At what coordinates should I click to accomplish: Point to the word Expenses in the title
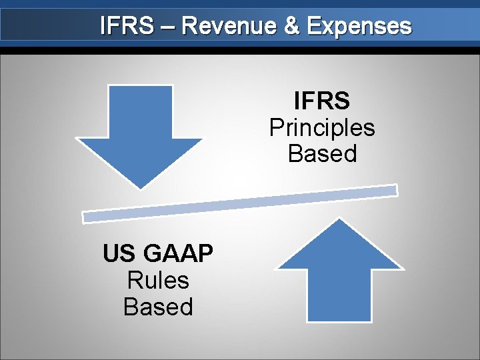tap(359, 27)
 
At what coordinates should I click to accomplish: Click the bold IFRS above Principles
tap(322, 101)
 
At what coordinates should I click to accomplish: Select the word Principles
tap(322, 127)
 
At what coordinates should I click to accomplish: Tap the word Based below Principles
tap(322, 153)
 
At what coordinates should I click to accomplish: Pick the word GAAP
tap(178, 254)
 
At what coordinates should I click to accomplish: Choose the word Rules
tap(158, 280)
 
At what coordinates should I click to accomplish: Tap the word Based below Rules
tap(158, 307)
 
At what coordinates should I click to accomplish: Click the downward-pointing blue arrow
tap(139, 130)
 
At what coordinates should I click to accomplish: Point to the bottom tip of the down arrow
tap(139, 187)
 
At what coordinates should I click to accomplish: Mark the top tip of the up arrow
tap(341, 219)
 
